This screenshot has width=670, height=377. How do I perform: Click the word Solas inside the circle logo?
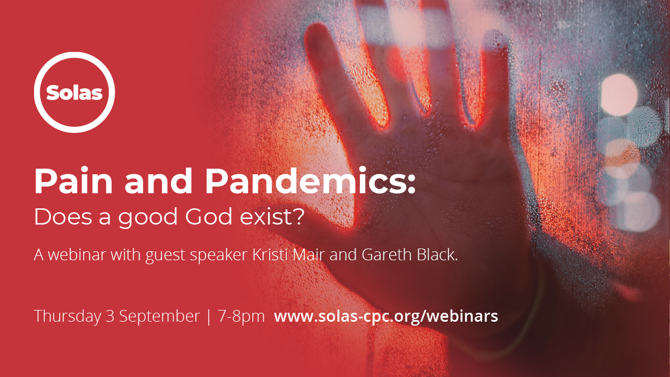(74, 93)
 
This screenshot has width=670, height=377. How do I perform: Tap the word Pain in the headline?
(74, 181)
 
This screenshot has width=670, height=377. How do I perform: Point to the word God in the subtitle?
(209, 216)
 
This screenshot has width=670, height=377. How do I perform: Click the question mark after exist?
(298, 216)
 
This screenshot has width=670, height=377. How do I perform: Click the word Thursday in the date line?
(68, 317)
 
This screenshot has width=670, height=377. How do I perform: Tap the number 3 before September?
(110, 316)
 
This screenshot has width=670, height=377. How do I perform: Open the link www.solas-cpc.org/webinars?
(386, 317)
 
